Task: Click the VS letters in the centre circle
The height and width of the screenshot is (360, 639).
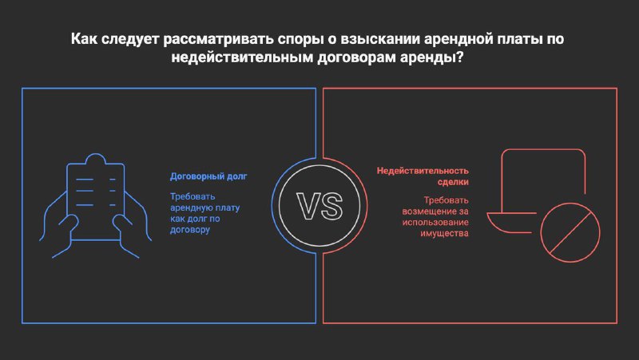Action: click(319, 206)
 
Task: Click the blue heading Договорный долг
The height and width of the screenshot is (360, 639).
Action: click(208, 176)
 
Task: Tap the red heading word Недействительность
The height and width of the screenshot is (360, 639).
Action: click(423, 171)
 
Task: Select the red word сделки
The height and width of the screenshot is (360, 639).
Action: click(453, 182)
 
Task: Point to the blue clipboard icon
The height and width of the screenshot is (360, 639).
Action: click(95, 206)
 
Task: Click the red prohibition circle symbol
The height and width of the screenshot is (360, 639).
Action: click(570, 232)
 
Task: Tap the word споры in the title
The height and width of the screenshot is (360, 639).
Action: click(301, 39)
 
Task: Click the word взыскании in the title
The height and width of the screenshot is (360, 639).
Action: click(380, 39)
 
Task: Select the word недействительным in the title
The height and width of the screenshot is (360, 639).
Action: click(242, 57)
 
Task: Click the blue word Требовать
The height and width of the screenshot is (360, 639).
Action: click(192, 196)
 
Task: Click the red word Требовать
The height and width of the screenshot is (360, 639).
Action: click(447, 200)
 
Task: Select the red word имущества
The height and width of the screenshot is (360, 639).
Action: click(445, 233)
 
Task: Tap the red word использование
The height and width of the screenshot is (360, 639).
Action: click(435, 223)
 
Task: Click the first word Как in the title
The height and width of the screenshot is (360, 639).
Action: click(85, 39)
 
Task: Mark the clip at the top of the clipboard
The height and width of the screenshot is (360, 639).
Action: click(95, 159)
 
